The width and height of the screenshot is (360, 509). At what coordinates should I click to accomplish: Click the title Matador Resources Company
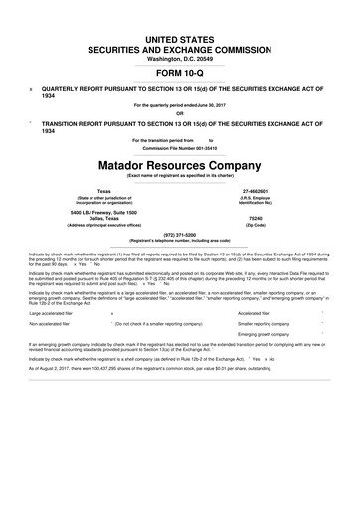click(x=180, y=160)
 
